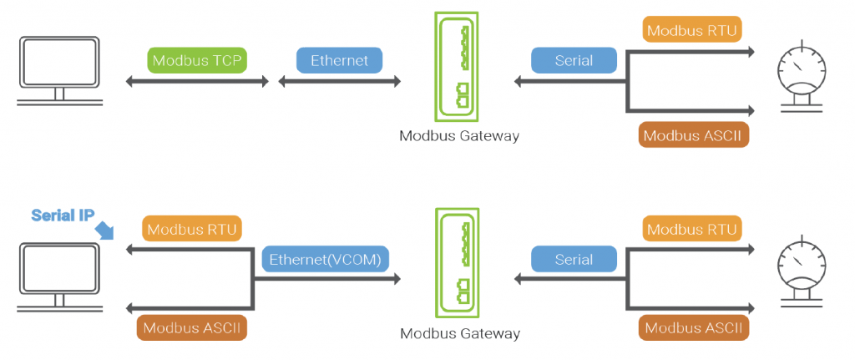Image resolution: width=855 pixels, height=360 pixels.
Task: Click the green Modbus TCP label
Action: [x=197, y=60]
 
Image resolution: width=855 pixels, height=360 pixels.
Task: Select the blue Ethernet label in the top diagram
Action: [x=339, y=60]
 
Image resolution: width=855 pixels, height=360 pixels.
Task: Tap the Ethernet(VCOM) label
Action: [x=326, y=259]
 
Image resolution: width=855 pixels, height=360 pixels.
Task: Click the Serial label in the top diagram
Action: [x=574, y=60]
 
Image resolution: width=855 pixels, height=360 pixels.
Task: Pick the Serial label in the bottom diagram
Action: [x=574, y=259]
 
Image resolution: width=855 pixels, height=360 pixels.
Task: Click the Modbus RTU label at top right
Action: [x=691, y=30]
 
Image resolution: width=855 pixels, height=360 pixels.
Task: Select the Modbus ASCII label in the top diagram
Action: [x=692, y=135]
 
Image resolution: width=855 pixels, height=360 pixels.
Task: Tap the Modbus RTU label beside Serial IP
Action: [x=192, y=229]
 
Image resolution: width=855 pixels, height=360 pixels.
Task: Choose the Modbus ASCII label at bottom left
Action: [x=192, y=327]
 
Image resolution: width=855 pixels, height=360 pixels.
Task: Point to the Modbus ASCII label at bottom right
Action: [x=694, y=327]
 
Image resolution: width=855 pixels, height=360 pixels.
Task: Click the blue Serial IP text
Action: [x=60, y=215]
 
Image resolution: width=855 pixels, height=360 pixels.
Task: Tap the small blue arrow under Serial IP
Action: [x=104, y=230]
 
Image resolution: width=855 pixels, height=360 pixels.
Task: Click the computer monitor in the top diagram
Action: [x=59, y=70]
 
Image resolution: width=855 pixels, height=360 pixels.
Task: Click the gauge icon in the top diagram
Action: [x=801, y=76]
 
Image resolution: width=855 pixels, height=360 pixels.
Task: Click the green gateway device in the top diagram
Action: [x=457, y=67]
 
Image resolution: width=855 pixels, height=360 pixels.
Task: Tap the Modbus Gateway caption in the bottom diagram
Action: [x=460, y=332]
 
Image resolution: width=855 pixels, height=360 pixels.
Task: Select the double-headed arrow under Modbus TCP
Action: [x=197, y=82]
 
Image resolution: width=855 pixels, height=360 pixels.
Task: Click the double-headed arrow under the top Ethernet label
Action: [x=339, y=82]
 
